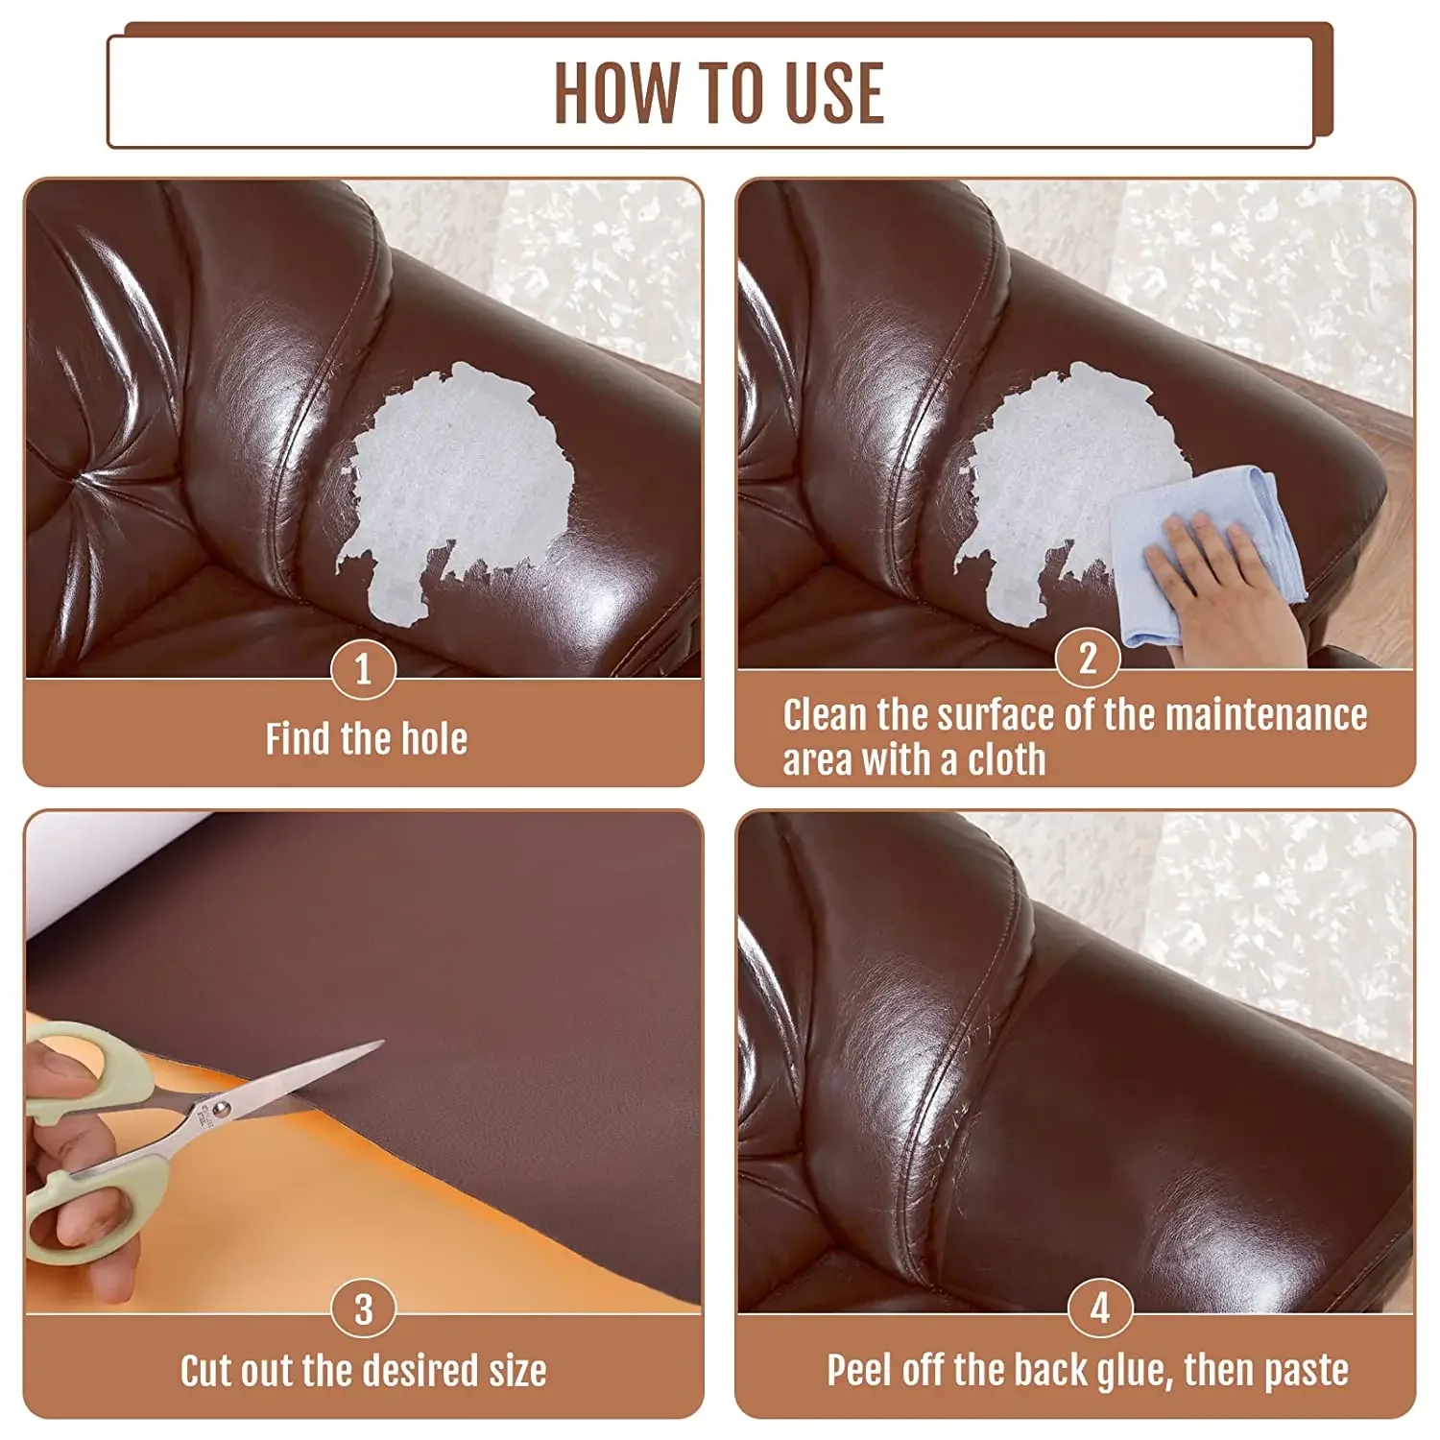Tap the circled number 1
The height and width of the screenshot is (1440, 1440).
click(x=363, y=669)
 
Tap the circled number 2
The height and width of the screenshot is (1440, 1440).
click(x=1088, y=659)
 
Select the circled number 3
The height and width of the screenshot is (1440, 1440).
click(x=363, y=1309)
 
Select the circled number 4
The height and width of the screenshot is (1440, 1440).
click(x=1100, y=1308)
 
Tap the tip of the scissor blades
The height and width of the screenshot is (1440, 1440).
click(x=380, y=1043)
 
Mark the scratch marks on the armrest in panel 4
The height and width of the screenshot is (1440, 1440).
click(x=974, y=1066)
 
